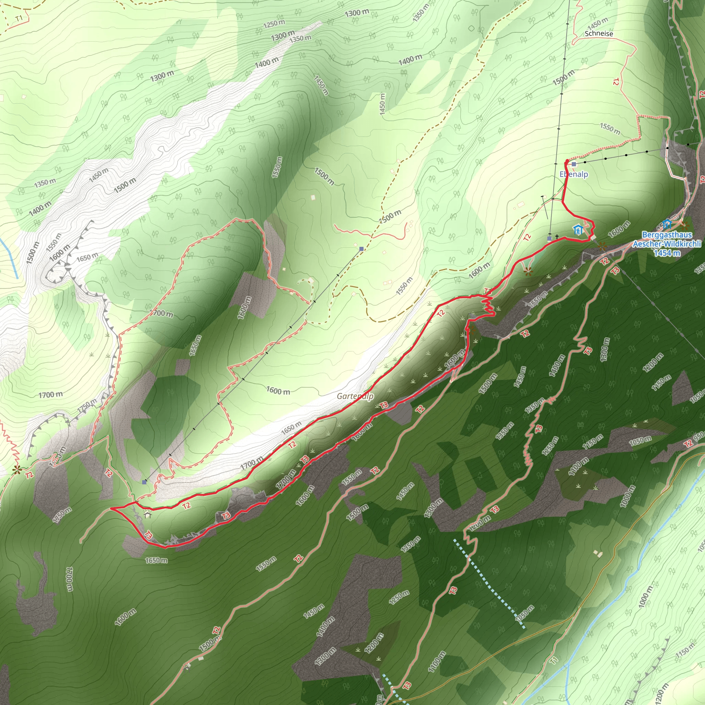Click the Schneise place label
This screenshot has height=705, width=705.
coord(599,34)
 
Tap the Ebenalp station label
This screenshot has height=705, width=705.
coord(574,174)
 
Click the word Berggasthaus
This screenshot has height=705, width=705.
coord(666,235)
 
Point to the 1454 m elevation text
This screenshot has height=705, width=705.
coord(667,253)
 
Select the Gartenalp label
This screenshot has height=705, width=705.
coord(355,396)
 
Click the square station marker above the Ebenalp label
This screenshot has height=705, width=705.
coord(574,164)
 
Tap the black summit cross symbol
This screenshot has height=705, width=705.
coord(557,237)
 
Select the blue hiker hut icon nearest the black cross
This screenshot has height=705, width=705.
coord(577,230)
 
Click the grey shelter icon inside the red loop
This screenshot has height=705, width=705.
coord(147,515)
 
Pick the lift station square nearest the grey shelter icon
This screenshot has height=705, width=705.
coord(145,482)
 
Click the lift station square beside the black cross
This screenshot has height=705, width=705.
coord(549,239)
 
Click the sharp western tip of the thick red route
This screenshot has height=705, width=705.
coord(111,508)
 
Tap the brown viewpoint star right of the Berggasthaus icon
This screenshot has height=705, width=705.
coord(683,226)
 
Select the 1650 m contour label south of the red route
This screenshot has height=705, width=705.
coord(156,560)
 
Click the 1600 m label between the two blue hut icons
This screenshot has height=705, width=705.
coord(619,229)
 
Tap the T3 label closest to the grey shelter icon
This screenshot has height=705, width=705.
coord(148,535)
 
